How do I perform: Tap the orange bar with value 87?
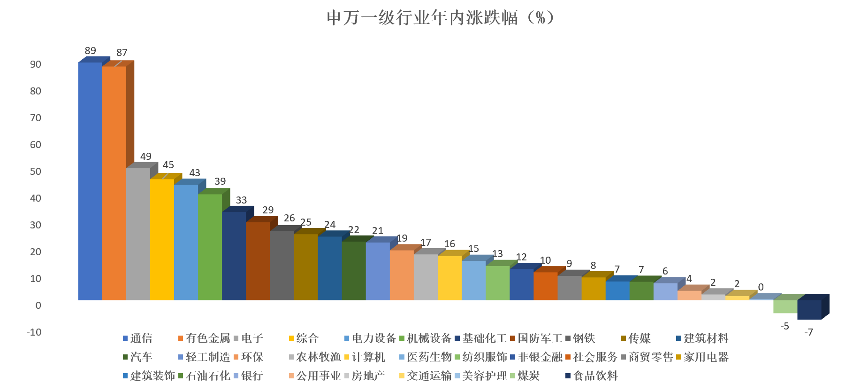coord(114,183)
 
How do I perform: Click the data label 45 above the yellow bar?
coord(168,165)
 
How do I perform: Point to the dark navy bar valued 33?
coord(234,256)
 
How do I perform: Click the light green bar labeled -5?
coord(785,306)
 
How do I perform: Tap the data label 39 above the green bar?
coord(220,181)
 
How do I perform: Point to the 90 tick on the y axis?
coord(36,64)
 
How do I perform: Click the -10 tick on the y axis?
coord(34,332)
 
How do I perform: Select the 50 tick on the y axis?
coord(36,172)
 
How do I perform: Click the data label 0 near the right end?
coord(761,287)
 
